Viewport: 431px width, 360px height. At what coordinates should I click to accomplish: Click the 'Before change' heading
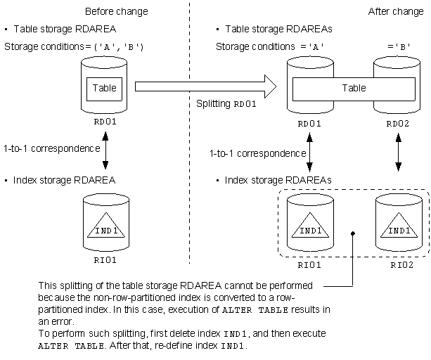click(x=117, y=11)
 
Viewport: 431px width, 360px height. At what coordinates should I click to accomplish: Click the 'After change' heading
click(x=396, y=11)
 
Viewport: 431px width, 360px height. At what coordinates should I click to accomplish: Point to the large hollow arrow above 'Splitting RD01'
click(x=205, y=86)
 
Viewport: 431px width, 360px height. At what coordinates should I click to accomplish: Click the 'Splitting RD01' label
click(x=226, y=104)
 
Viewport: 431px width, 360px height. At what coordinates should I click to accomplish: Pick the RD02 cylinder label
click(x=398, y=124)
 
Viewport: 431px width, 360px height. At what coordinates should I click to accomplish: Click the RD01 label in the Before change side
click(x=105, y=122)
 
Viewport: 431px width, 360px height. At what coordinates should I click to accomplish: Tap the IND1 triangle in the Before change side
click(x=106, y=225)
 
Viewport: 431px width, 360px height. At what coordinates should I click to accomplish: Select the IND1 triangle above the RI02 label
click(x=399, y=225)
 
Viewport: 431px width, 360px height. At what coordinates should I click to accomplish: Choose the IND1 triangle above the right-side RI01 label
click(x=310, y=225)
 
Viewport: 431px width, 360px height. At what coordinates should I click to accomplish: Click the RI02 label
click(x=402, y=265)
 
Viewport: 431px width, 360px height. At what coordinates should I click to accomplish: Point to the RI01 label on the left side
click(x=105, y=260)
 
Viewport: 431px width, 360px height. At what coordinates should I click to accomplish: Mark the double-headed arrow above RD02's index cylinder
click(x=399, y=153)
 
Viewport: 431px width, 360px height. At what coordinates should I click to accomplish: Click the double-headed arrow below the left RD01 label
click(x=105, y=150)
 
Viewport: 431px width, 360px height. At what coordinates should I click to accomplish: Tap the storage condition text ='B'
click(x=399, y=47)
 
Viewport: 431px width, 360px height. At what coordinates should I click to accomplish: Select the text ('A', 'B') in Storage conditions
click(x=119, y=47)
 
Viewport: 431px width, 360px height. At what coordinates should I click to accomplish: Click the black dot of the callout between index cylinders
click(x=353, y=233)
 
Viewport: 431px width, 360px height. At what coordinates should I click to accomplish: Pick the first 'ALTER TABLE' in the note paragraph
click(x=255, y=310)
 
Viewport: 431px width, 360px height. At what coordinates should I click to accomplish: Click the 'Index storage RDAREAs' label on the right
click(x=278, y=180)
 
